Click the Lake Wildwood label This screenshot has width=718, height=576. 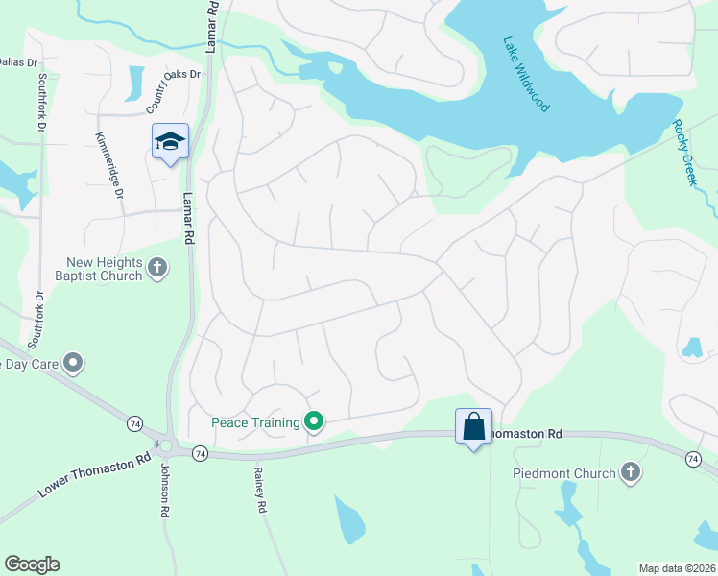coord(526,75)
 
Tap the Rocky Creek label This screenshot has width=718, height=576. coord(682,153)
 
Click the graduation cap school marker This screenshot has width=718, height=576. coord(170,142)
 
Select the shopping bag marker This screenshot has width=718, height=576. coord(473,425)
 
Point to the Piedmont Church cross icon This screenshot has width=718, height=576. coord(630,471)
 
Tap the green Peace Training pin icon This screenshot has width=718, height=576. coord(313,421)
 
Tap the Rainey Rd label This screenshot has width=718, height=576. coord(258,490)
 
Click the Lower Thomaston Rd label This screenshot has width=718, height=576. coord(96,474)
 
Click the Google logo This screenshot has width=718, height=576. coord(32,564)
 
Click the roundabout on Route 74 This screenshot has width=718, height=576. coord(167,446)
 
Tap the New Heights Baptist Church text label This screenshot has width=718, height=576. coord(104,270)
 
